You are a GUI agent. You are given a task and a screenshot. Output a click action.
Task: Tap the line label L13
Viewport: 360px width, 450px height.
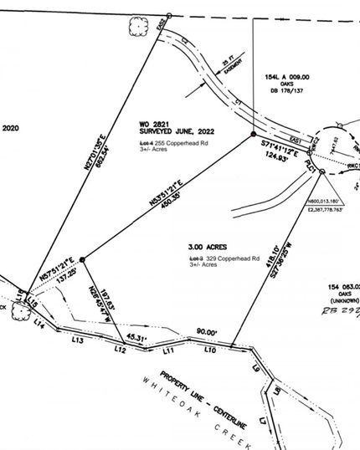click(x=77, y=340)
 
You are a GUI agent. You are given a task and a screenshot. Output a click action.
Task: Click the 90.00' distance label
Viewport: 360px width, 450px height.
click(x=207, y=332)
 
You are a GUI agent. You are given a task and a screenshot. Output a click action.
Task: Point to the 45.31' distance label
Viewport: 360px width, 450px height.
click(x=136, y=339)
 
